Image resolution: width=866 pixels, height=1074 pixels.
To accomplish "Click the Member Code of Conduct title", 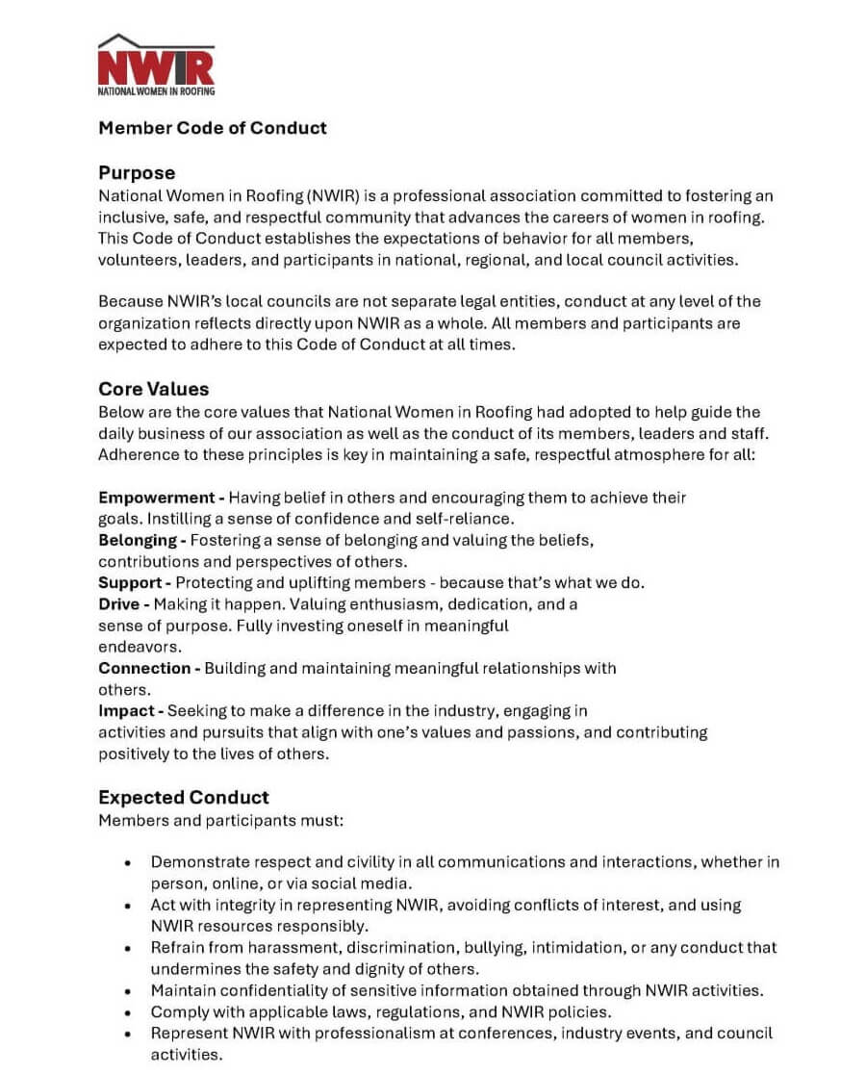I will (213, 128).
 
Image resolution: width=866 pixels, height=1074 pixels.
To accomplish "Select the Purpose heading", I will (137, 173).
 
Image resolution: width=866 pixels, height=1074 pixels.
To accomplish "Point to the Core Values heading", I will (153, 390).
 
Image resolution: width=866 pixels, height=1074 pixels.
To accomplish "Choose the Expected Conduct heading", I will (184, 797).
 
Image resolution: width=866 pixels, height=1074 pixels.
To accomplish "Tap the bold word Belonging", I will (138, 540).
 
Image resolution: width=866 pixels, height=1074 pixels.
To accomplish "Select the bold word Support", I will (130, 582).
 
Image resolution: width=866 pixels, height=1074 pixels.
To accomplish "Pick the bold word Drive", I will (118, 604).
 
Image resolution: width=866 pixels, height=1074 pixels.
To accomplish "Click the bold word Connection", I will (144, 668).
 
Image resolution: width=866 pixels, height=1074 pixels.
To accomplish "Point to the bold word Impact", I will (126, 710).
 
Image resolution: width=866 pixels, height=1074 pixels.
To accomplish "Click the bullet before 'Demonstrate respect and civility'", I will (128, 863).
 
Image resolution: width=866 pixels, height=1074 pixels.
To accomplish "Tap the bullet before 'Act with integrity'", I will (128, 906).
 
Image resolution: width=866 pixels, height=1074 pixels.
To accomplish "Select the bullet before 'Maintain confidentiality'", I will (128, 990).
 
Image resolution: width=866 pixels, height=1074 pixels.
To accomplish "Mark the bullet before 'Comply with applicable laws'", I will (128, 1012).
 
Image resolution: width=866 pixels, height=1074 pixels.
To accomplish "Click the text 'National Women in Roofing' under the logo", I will (156, 91).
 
